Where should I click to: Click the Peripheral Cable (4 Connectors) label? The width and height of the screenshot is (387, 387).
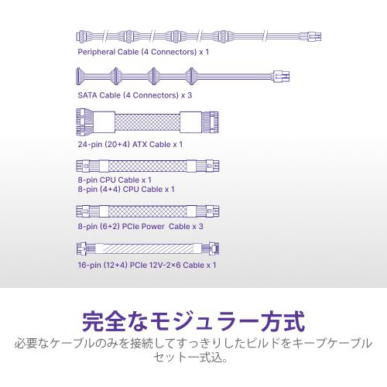[137, 52]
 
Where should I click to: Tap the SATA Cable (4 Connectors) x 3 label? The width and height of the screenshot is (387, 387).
[135, 95]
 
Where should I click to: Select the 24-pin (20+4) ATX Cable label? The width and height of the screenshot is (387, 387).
[124, 145]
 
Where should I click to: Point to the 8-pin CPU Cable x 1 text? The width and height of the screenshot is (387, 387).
[115, 180]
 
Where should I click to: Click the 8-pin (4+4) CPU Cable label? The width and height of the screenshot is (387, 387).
[120, 190]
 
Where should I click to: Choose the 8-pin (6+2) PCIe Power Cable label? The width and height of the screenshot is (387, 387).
[134, 227]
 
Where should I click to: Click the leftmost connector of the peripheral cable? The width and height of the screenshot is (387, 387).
[82, 36]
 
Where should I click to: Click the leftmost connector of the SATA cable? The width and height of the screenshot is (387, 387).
[79, 76]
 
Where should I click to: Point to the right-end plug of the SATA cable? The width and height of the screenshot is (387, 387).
[281, 77]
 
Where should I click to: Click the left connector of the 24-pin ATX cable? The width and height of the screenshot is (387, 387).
[85, 122]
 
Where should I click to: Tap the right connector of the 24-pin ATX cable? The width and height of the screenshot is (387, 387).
[210, 122]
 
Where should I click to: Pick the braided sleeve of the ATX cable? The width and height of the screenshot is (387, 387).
[147, 122]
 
